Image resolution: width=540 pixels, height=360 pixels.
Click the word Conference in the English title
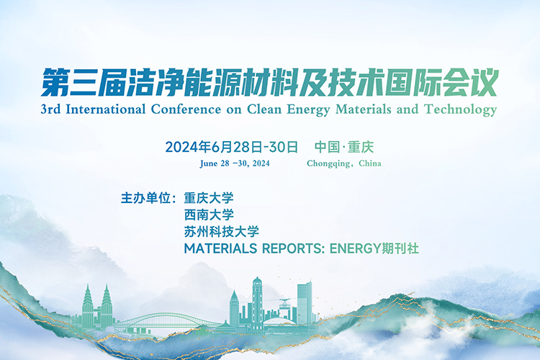click(x=186, y=109)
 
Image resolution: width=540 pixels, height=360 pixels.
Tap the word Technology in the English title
click(x=461, y=110)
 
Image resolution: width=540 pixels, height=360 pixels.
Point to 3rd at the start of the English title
click(x=50, y=109)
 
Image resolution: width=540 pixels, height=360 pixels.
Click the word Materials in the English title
click(x=364, y=109)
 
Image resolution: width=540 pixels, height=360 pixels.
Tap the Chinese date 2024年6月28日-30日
click(x=231, y=147)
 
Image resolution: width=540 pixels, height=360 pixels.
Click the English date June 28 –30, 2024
click(x=235, y=163)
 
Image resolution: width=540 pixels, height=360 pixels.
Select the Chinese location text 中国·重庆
click(x=344, y=147)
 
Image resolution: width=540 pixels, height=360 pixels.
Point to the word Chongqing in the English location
click(x=328, y=163)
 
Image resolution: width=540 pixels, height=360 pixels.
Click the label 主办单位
click(x=146, y=198)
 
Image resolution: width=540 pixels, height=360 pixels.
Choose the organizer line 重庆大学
click(x=209, y=198)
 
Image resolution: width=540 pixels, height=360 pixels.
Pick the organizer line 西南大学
click(x=209, y=215)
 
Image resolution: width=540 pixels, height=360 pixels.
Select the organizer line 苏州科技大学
click(x=222, y=232)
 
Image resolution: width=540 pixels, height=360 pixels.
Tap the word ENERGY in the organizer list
click(x=355, y=248)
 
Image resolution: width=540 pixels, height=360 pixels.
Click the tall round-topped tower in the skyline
click(x=257, y=300)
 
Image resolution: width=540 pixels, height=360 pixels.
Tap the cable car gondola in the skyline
click(x=284, y=305)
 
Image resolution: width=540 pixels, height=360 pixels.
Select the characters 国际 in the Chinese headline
click(x=413, y=83)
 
